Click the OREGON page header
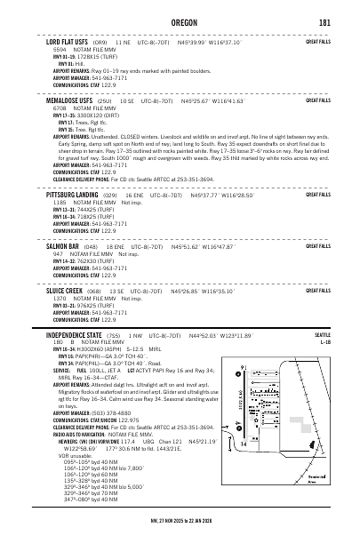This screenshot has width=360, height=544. [x=180, y=22]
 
